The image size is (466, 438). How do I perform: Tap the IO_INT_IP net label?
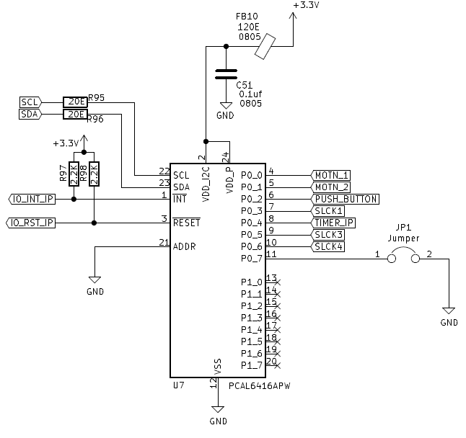coord(30,199)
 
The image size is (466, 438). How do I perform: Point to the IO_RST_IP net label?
coord(30,223)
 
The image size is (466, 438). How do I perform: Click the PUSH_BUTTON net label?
coord(346,199)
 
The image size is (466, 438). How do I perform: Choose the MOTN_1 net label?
coord(331,175)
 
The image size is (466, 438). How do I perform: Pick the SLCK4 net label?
coord(329,246)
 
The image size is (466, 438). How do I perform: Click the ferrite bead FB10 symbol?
coord(268,48)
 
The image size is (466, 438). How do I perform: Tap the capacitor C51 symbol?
coord(227,73)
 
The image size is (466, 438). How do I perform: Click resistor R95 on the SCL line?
coord(75,102)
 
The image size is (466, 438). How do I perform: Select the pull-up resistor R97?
coord(74,174)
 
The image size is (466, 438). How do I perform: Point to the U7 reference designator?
coord(179,385)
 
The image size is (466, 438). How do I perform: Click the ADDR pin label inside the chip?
coord(185,246)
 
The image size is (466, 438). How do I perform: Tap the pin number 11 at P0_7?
coord(271,254)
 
